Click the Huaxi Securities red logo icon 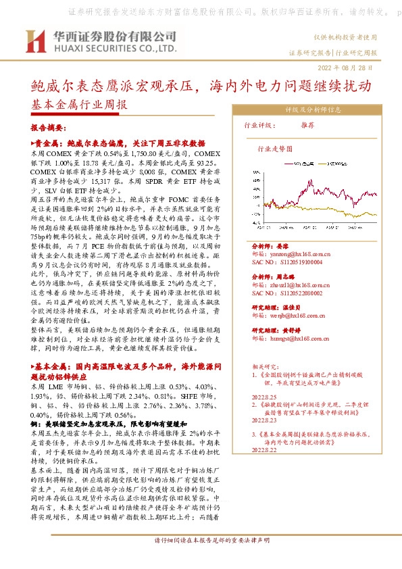34,41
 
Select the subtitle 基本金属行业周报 79,105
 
